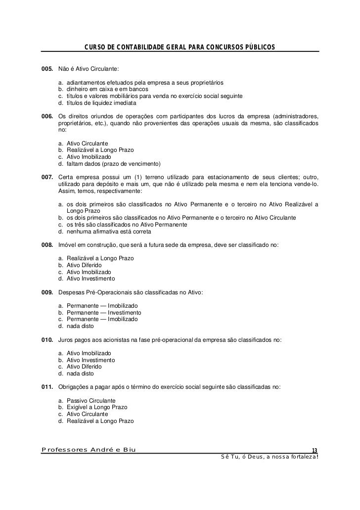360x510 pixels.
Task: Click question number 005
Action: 48,68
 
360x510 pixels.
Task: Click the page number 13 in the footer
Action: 315,450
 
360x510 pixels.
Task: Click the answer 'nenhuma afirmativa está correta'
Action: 109,232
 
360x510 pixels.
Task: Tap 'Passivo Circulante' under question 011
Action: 91,400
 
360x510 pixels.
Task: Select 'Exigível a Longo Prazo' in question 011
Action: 97,407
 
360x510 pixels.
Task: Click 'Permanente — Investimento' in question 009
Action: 104,313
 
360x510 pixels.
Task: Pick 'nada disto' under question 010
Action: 80,373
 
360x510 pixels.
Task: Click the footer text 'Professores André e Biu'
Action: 89,450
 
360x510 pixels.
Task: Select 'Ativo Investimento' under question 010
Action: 91,360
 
